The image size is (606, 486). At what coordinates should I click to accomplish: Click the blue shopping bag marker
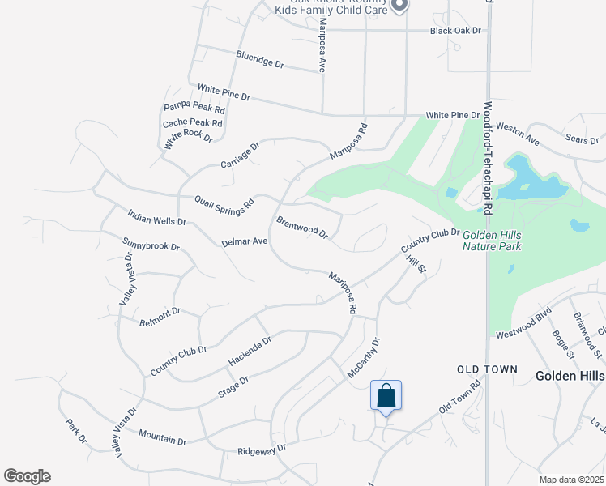click(386, 396)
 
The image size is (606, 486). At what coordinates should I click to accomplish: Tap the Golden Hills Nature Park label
click(492, 241)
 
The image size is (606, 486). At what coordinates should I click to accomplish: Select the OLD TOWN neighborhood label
click(487, 369)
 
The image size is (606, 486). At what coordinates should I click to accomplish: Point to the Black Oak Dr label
click(455, 31)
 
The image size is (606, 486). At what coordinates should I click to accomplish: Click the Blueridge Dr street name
click(260, 58)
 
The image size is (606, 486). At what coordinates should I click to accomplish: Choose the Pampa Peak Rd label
click(194, 107)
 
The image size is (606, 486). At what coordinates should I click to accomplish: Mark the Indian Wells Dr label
click(157, 217)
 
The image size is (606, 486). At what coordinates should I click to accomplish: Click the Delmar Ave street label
click(244, 241)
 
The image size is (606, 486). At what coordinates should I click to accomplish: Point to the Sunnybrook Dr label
click(151, 244)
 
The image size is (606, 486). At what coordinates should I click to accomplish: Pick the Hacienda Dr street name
click(250, 349)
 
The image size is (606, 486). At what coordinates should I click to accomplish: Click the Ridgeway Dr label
click(262, 450)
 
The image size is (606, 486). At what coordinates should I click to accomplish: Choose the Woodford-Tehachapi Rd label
click(488, 157)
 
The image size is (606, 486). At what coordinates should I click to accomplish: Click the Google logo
click(27, 476)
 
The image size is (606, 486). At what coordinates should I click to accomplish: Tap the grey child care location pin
click(399, 6)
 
